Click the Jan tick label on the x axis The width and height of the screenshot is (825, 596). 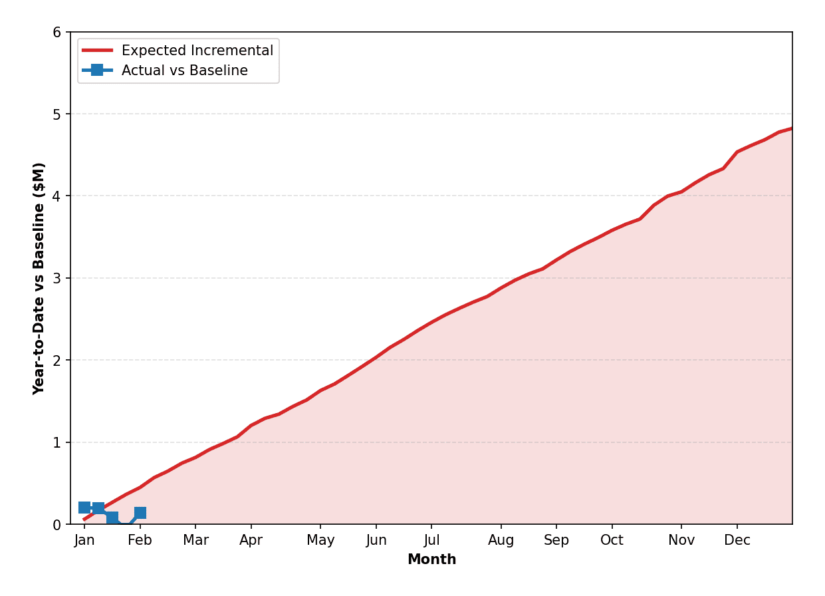(84, 540)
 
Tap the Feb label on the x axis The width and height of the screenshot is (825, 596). (140, 540)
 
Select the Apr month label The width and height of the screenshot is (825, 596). (251, 540)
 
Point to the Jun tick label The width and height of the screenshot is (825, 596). (376, 540)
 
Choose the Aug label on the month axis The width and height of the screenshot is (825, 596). (501, 540)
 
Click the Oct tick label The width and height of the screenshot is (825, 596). (612, 540)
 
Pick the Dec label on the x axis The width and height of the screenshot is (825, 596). (737, 540)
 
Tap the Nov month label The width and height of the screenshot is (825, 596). (681, 540)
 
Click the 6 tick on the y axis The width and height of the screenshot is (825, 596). (57, 33)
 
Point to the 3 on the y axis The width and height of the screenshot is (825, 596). (57, 279)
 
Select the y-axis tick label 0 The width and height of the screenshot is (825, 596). (57, 525)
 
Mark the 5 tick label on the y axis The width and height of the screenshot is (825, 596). (57, 114)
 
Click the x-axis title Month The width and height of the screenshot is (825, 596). (431, 559)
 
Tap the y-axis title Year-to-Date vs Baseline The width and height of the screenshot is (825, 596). (39, 278)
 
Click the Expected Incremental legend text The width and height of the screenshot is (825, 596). (197, 51)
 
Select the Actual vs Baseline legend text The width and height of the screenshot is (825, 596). (185, 71)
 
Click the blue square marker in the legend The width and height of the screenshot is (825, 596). (97, 70)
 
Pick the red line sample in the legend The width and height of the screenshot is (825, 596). (97, 51)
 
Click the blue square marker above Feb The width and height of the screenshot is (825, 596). (140, 513)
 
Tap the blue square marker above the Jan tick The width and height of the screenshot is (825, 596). (84, 508)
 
